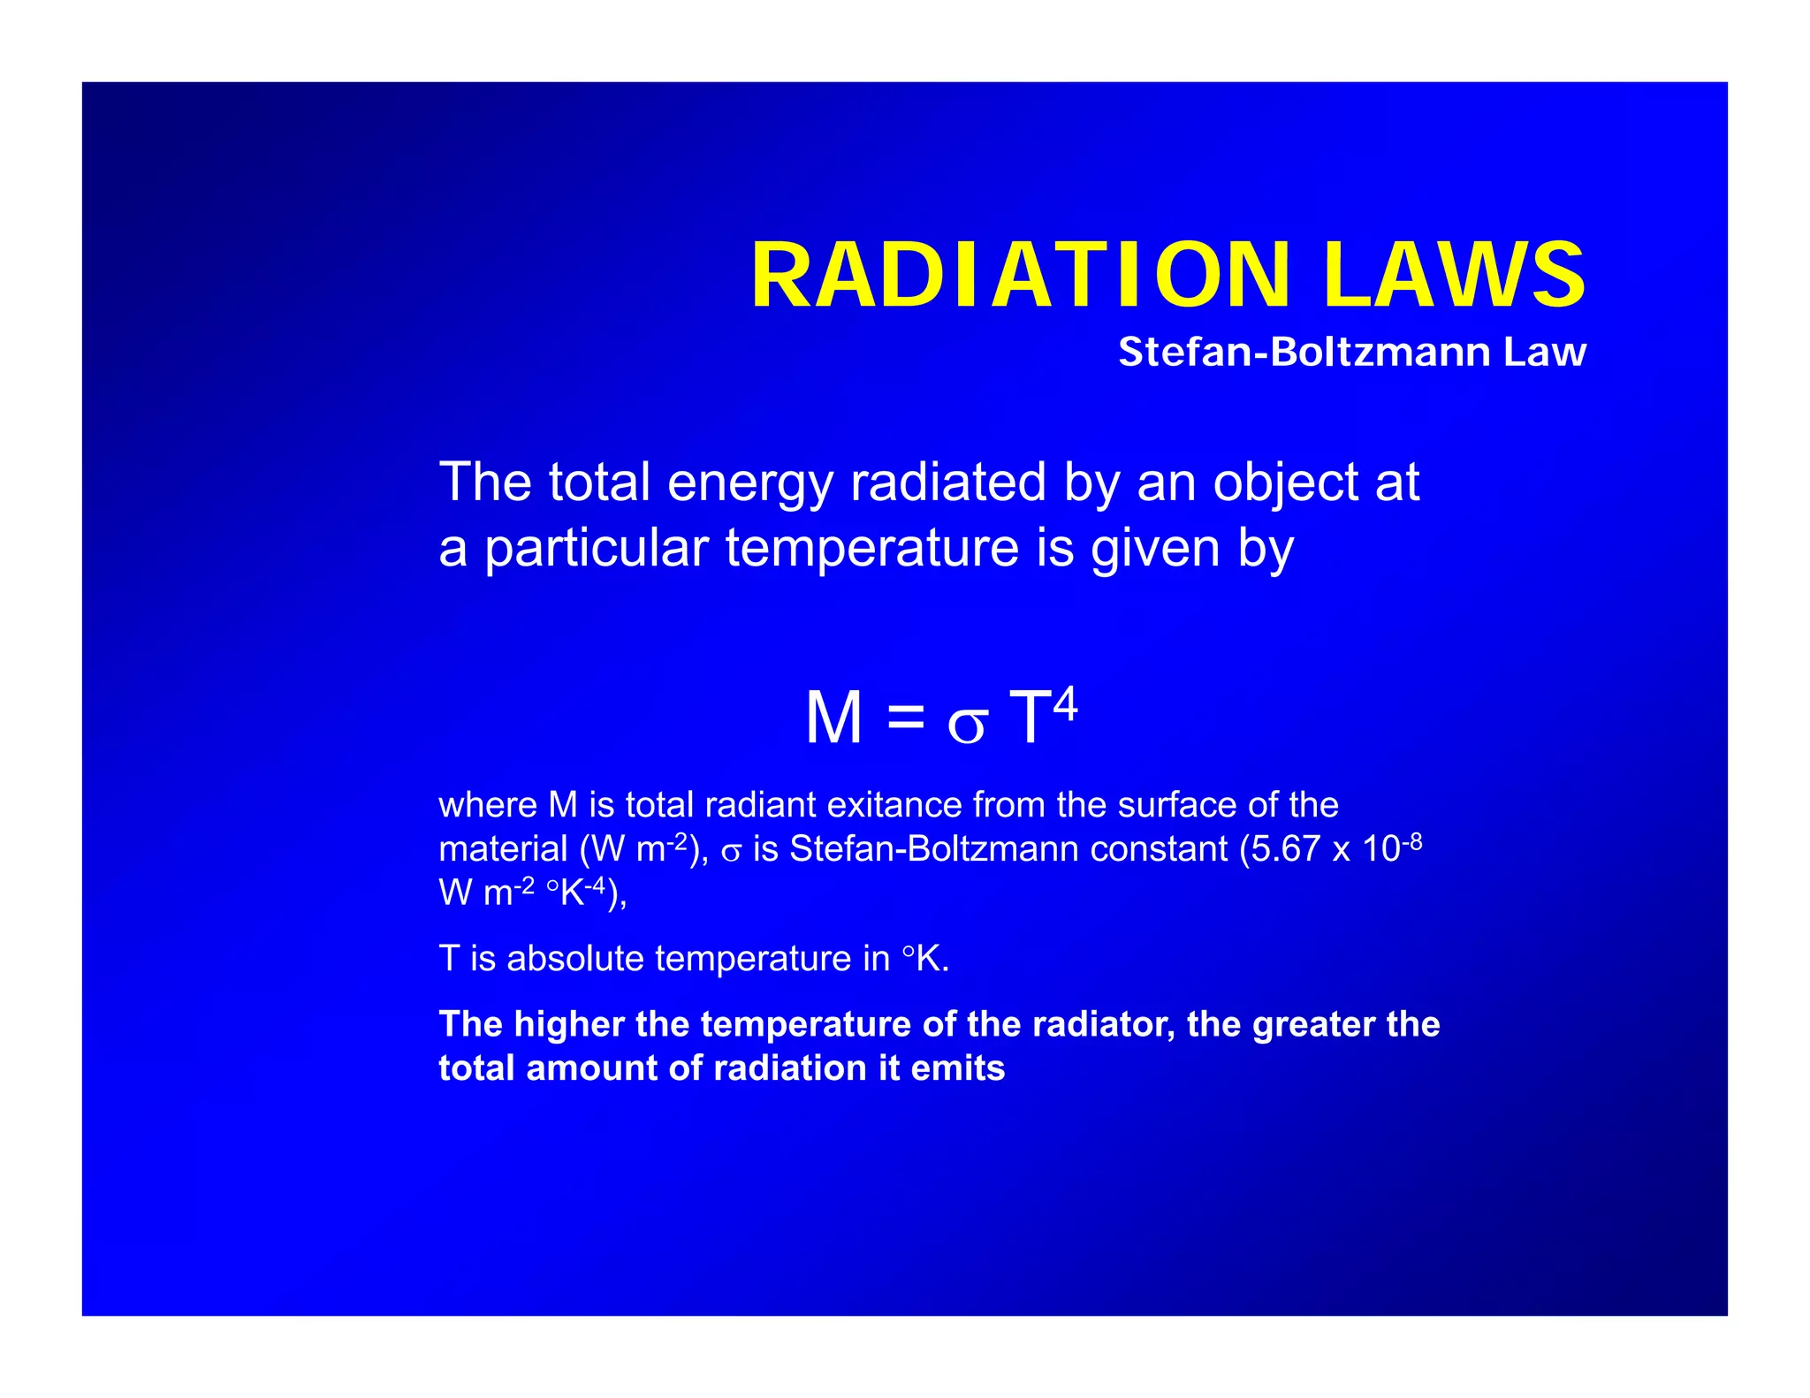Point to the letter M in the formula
click(833, 718)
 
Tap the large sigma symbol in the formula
click(966, 725)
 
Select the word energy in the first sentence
click(749, 483)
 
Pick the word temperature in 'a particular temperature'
click(871, 548)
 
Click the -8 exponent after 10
click(1411, 840)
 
